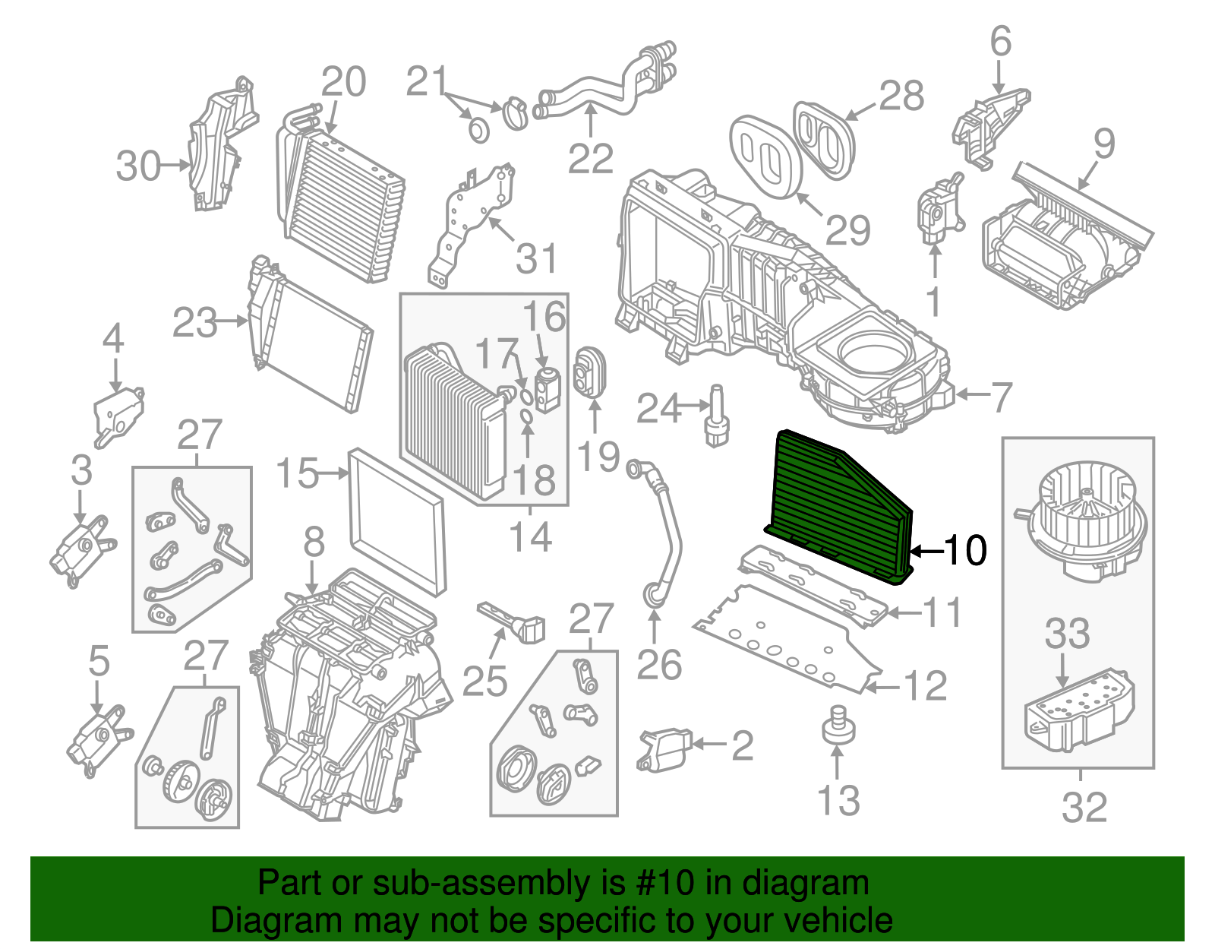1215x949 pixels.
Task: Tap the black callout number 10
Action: (965, 550)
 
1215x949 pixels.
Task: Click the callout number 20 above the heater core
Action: (343, 82)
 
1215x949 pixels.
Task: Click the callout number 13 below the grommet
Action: (838, 801)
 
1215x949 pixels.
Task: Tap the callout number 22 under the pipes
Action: (590, 159)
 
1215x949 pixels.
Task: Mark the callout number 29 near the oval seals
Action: (847, 229)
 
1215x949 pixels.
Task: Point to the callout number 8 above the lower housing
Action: (314, 543)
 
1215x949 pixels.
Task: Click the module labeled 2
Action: (664, 750)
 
